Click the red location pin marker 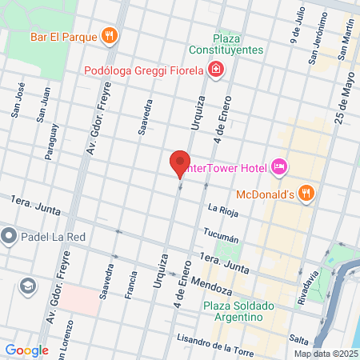180,164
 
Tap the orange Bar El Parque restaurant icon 110,35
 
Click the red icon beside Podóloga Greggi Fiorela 215,70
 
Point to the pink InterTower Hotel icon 278,167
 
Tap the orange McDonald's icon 306,193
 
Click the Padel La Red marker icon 9,235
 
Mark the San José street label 16,100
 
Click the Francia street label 130,282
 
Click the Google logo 26,350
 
